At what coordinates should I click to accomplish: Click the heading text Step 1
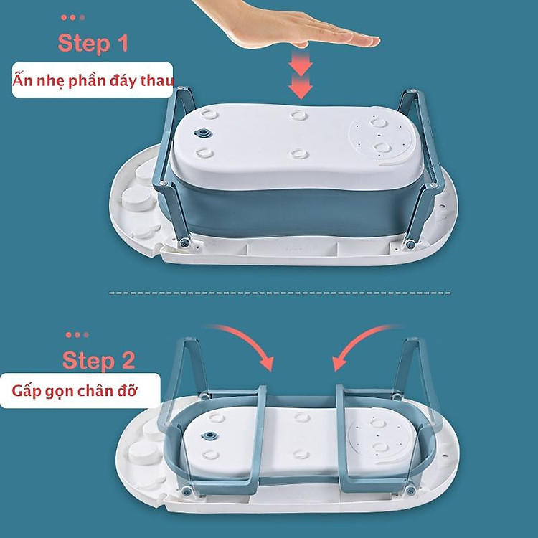coord(93,43)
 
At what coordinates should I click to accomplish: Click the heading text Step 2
coord(98,359)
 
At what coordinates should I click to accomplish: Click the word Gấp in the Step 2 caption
coord(27,392)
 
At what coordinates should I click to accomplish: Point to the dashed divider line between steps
coord(280,293)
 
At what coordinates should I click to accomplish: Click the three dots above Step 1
coord(73,17)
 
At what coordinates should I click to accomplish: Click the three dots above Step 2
coord(77,334)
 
